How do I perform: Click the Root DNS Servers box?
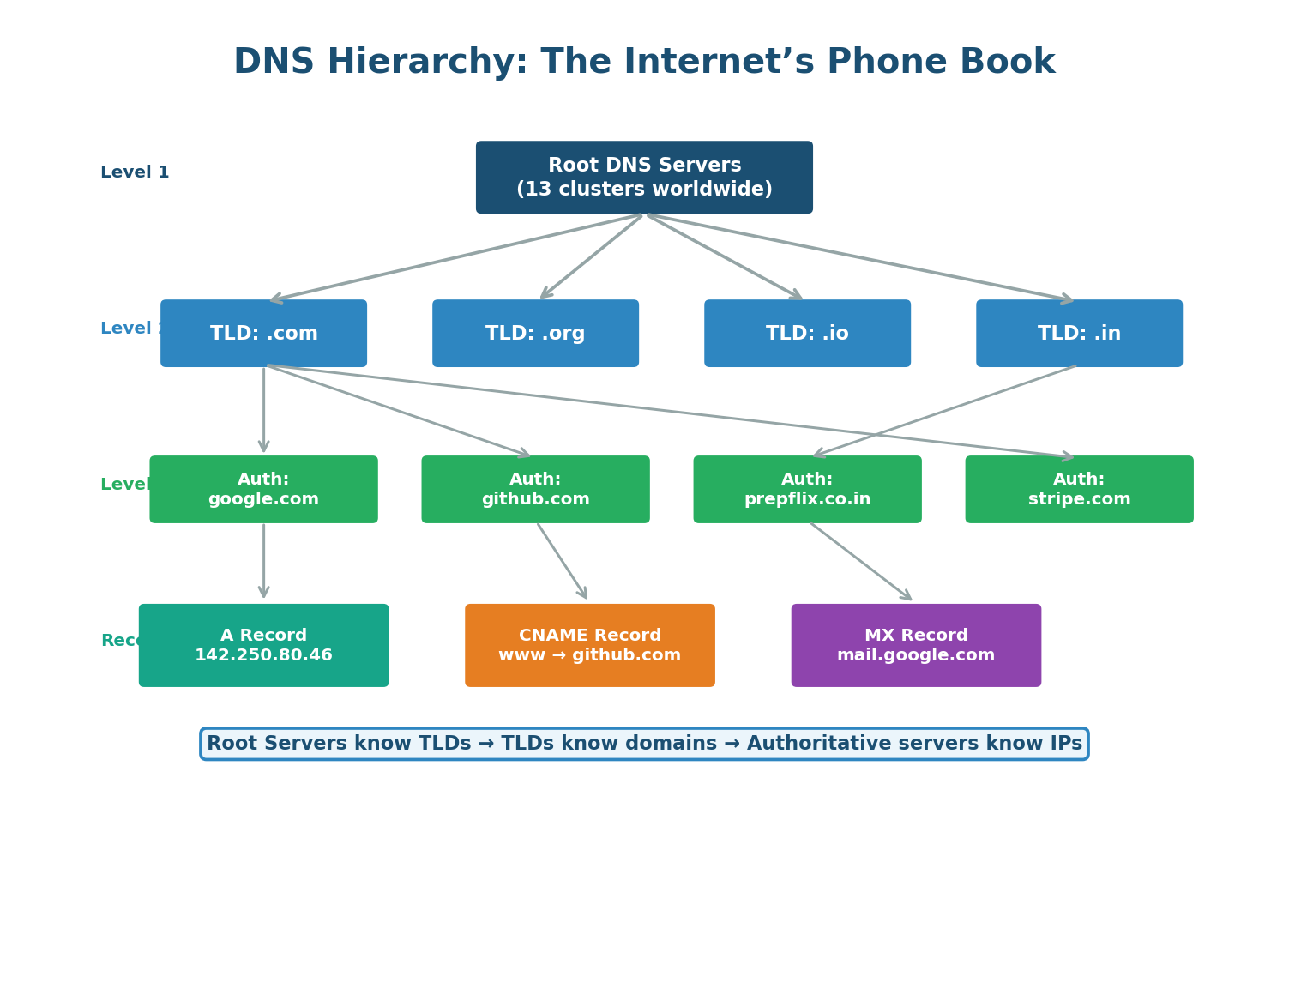pos(644,178)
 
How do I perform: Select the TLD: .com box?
pos(263,334)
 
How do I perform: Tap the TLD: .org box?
pos(535,334)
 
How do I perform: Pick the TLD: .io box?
pos(807,334)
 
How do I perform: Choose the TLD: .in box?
pos(1079,334)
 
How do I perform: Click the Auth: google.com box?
pos(263,490)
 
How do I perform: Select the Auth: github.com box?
pos(535,490)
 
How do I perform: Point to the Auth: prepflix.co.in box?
pos(807,490)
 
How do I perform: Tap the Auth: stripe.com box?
pos(1079,490)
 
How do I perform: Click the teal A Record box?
pos(263,645)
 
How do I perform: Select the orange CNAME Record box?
pos(590,645)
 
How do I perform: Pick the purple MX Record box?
pos(916,645)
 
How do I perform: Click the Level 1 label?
pos(135,172)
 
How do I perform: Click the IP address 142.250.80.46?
pos(263,656)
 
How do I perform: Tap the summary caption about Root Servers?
pos(644,744)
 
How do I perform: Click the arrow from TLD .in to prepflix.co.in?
pos(943,412)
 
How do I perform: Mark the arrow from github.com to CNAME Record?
pos(563,561)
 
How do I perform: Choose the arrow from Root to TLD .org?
pos(592,256)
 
